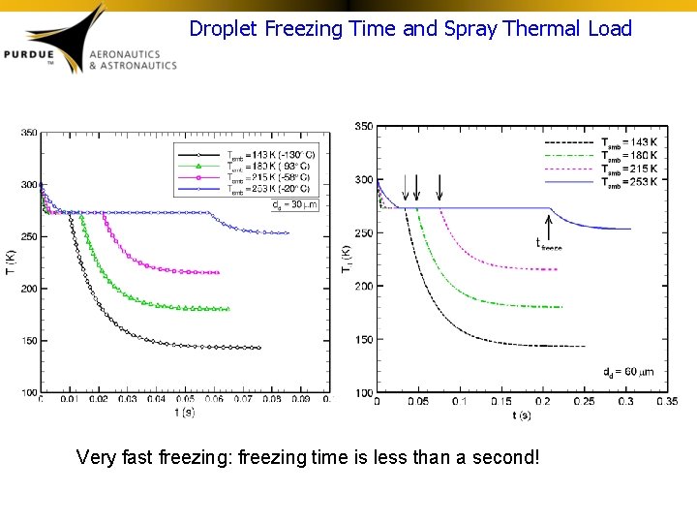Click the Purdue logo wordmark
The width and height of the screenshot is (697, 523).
click(x=39, y=55)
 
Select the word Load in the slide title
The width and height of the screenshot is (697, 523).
click(x=610, y=29)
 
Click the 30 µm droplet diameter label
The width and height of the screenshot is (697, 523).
click(x=294, y=203)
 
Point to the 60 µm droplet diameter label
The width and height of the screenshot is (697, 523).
click(x=620, y=371)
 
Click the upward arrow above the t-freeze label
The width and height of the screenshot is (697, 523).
click(x=550, y=225)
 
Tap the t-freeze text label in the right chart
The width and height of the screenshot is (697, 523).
click(x=549, y=244)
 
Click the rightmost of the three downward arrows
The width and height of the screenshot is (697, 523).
click(x=439, y=187)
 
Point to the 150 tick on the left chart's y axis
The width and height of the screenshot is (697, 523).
click(x=29, y=341)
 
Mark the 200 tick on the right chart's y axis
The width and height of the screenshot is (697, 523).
click(x=364, y=286)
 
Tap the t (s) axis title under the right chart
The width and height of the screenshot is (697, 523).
click(x=522, y=415)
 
